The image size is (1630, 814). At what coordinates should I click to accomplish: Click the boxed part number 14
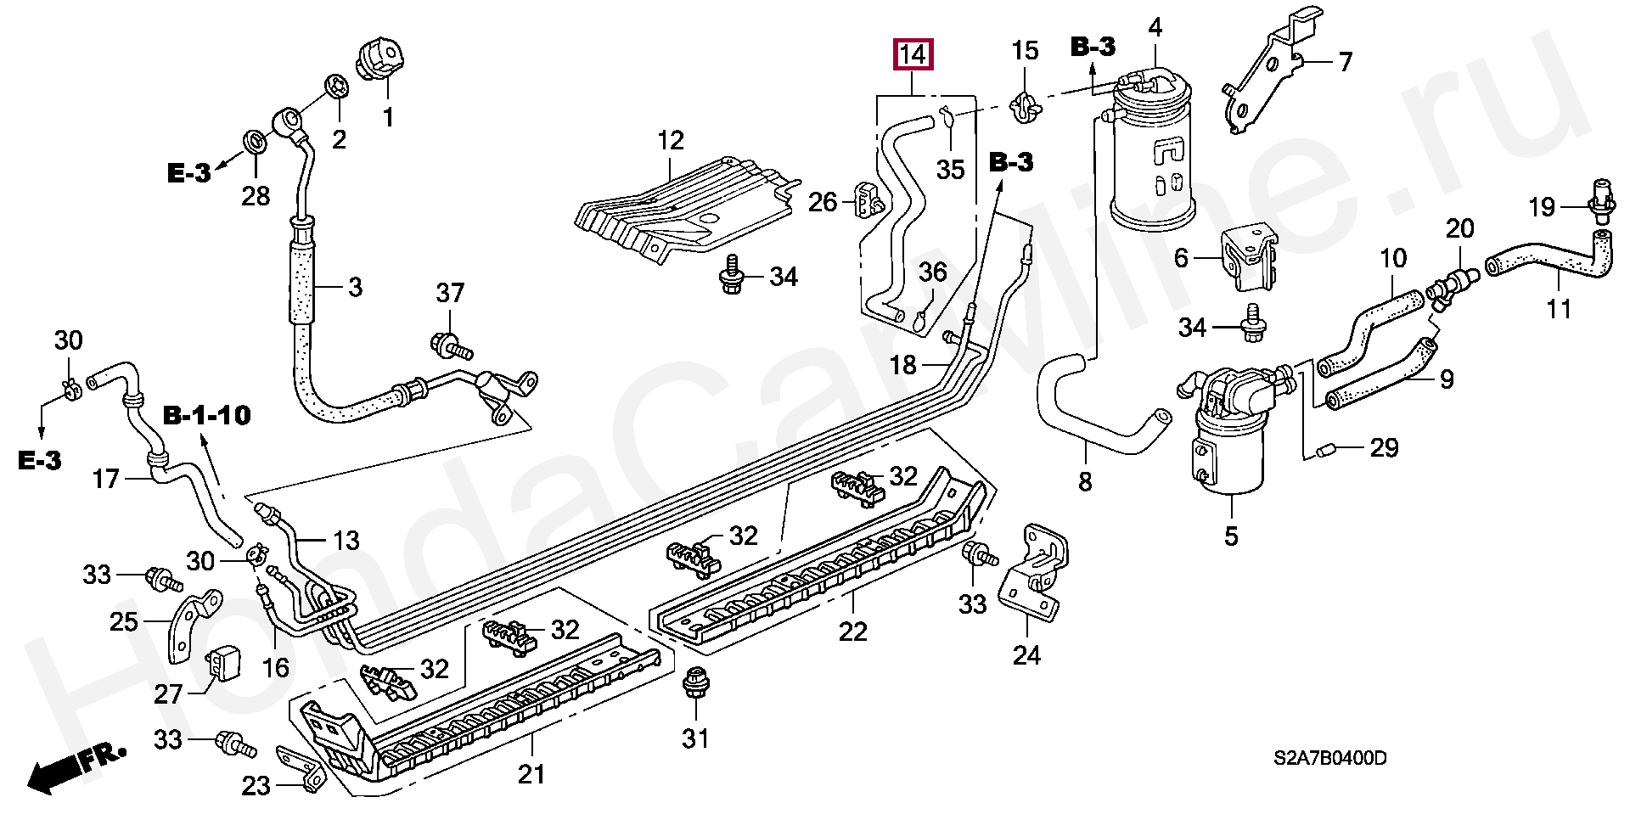(912, 56)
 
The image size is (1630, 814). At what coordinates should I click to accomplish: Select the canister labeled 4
(1155, 161)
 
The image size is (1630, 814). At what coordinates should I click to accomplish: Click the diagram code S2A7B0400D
(1330, 758)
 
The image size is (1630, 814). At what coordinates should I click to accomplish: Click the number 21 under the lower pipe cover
(531, 773)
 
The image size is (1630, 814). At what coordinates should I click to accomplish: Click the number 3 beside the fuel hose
(355, 287)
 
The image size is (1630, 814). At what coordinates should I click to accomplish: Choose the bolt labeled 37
(448, 343)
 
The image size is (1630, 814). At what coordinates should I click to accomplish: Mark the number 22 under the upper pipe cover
(852, 632)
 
